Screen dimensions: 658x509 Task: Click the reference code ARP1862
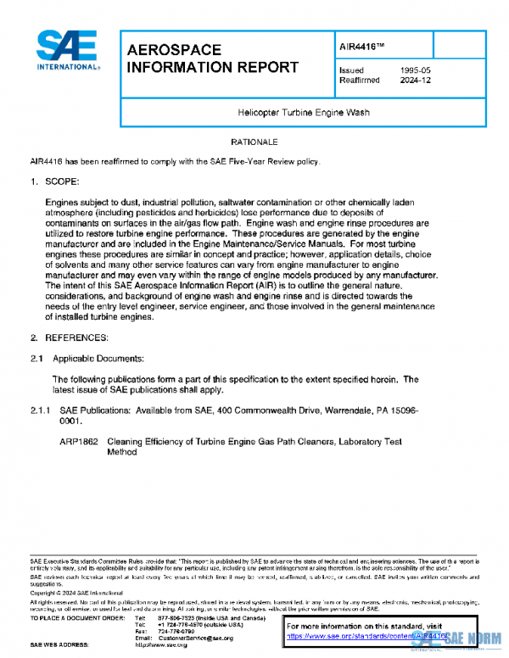click(x=77, y=442)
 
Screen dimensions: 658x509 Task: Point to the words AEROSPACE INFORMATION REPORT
click(x=212, y=59)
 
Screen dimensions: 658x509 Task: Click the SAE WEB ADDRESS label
click(x=64, y=645)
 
